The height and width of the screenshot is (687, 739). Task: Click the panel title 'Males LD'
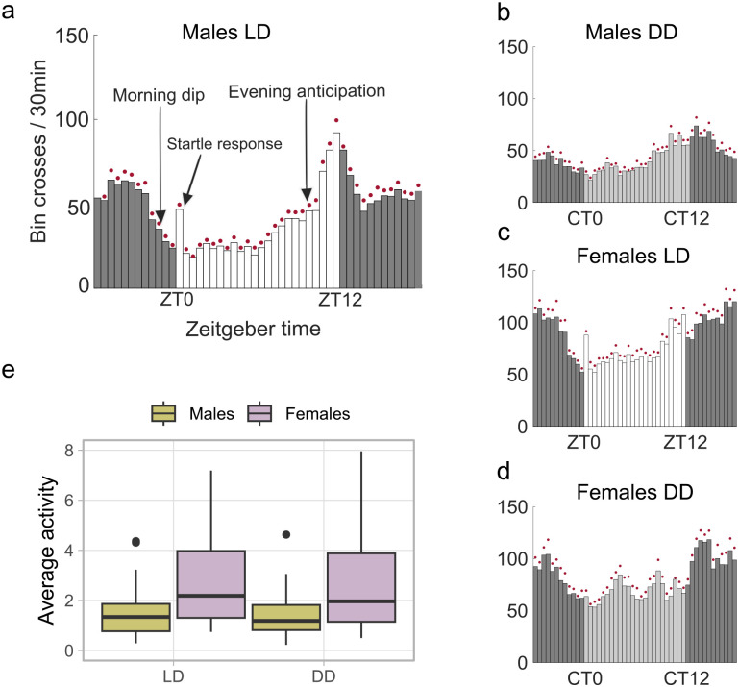point(228,31)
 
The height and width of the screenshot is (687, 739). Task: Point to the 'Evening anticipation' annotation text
point(307,92)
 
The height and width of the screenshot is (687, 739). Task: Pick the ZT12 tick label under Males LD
point(337,300)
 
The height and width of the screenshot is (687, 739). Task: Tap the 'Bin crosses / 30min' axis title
point(40,161)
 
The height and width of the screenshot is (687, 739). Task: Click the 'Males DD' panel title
point(634,31)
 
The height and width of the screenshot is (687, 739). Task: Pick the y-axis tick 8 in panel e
point(66,450)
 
